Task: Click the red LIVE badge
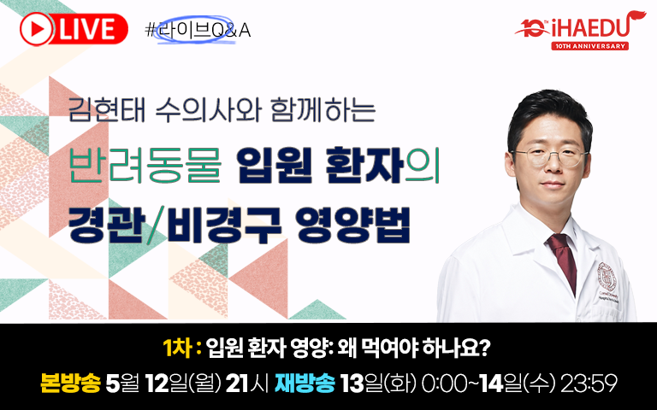[74, 29]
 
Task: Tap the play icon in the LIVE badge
[37, 29]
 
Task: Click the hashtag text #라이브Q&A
[198, 30]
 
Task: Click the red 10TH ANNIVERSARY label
[589, 46]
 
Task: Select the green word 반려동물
[145, 166]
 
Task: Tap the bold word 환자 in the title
[364, 166]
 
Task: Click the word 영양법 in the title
[352, 225]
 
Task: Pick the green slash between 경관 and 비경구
[156, 225]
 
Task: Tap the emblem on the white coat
[607, 276]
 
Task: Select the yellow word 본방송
[70, 384]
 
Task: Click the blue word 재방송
[305, 384]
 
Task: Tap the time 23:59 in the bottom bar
[589, 384]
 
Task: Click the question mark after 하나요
[485, 348]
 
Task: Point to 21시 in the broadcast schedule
[246, 384]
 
